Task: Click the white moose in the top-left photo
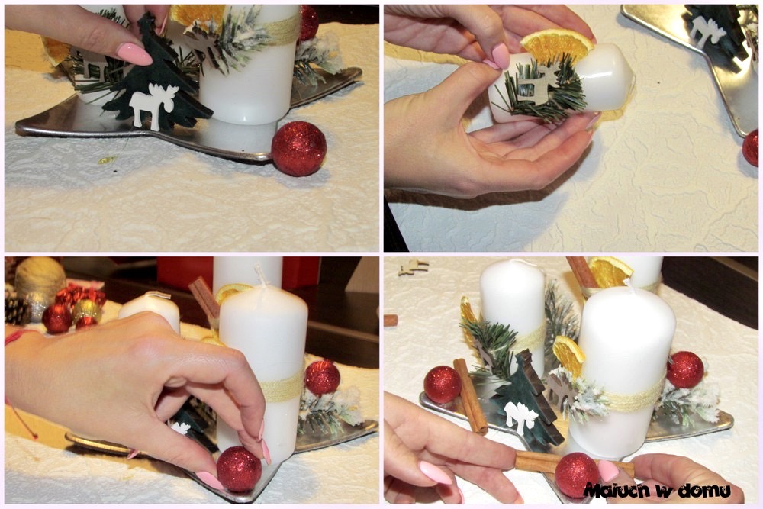[149, 105]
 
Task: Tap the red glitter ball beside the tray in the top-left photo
[298, 148]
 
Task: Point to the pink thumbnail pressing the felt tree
[134, 53]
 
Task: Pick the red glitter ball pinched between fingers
[239, 469]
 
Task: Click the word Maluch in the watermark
[617, 490]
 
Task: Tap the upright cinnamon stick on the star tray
[471, 396]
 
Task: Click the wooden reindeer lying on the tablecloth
[413, 266]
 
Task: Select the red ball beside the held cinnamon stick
[577, 475]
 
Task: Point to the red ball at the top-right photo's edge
[752, 147]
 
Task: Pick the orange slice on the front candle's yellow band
[569, 356]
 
